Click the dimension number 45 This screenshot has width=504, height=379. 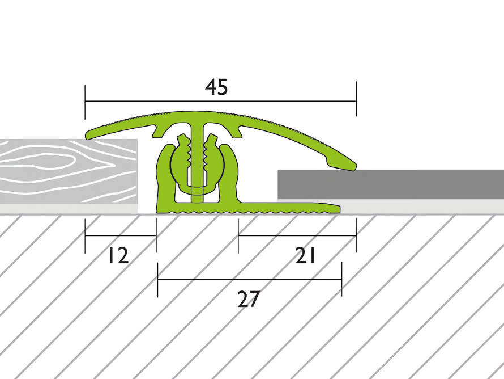[216, 87]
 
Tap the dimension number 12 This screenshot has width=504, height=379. [118, 255]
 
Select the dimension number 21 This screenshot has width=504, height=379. [305, 255]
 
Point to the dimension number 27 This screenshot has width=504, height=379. [248, 299]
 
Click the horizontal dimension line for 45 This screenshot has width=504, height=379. [220, 101]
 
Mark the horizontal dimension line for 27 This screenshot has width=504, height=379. [250, 280]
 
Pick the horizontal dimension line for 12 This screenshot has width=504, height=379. [121, 235]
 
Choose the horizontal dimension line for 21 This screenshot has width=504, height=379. [297, 235]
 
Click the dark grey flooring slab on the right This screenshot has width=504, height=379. [391, 184]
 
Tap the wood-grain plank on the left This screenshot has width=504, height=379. [69, 171]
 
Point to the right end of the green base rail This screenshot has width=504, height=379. [339, 209]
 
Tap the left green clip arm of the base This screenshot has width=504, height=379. [165, 177]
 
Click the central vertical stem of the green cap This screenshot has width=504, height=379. [197, 161]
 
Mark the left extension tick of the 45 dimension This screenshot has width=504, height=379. [85, 102]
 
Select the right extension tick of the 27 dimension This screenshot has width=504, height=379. [341, 279]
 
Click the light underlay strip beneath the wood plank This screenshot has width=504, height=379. [69, 209]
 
